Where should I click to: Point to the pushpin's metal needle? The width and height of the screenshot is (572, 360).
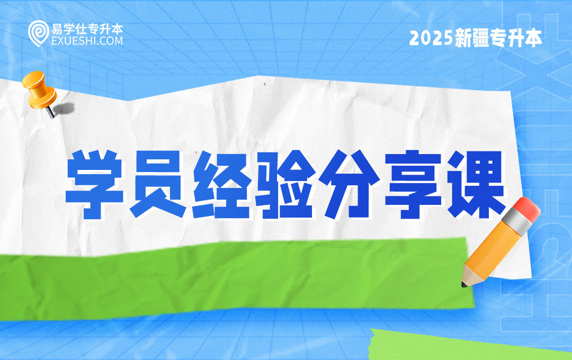[x=50, y=112]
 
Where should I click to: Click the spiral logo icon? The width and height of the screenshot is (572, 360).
[x=37, y=33]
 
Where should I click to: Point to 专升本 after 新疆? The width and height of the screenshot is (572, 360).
[x=520, y=39]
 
